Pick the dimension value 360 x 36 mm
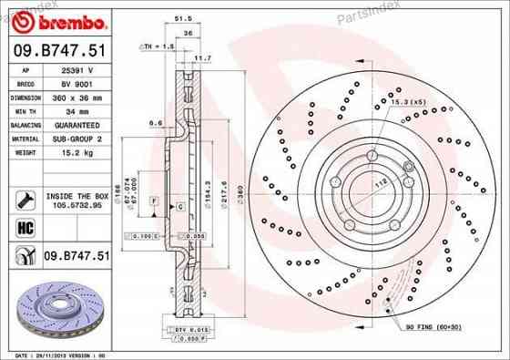pyautogui.click(x=76, y=96)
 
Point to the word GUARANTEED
pyautogui.click(x=76, y=124)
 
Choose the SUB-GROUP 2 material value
pyautogui.click(x=76, y=139)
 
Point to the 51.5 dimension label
pyautogui.click(x=181, y=16)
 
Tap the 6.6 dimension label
pyautogui.click(x=155, y=121)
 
